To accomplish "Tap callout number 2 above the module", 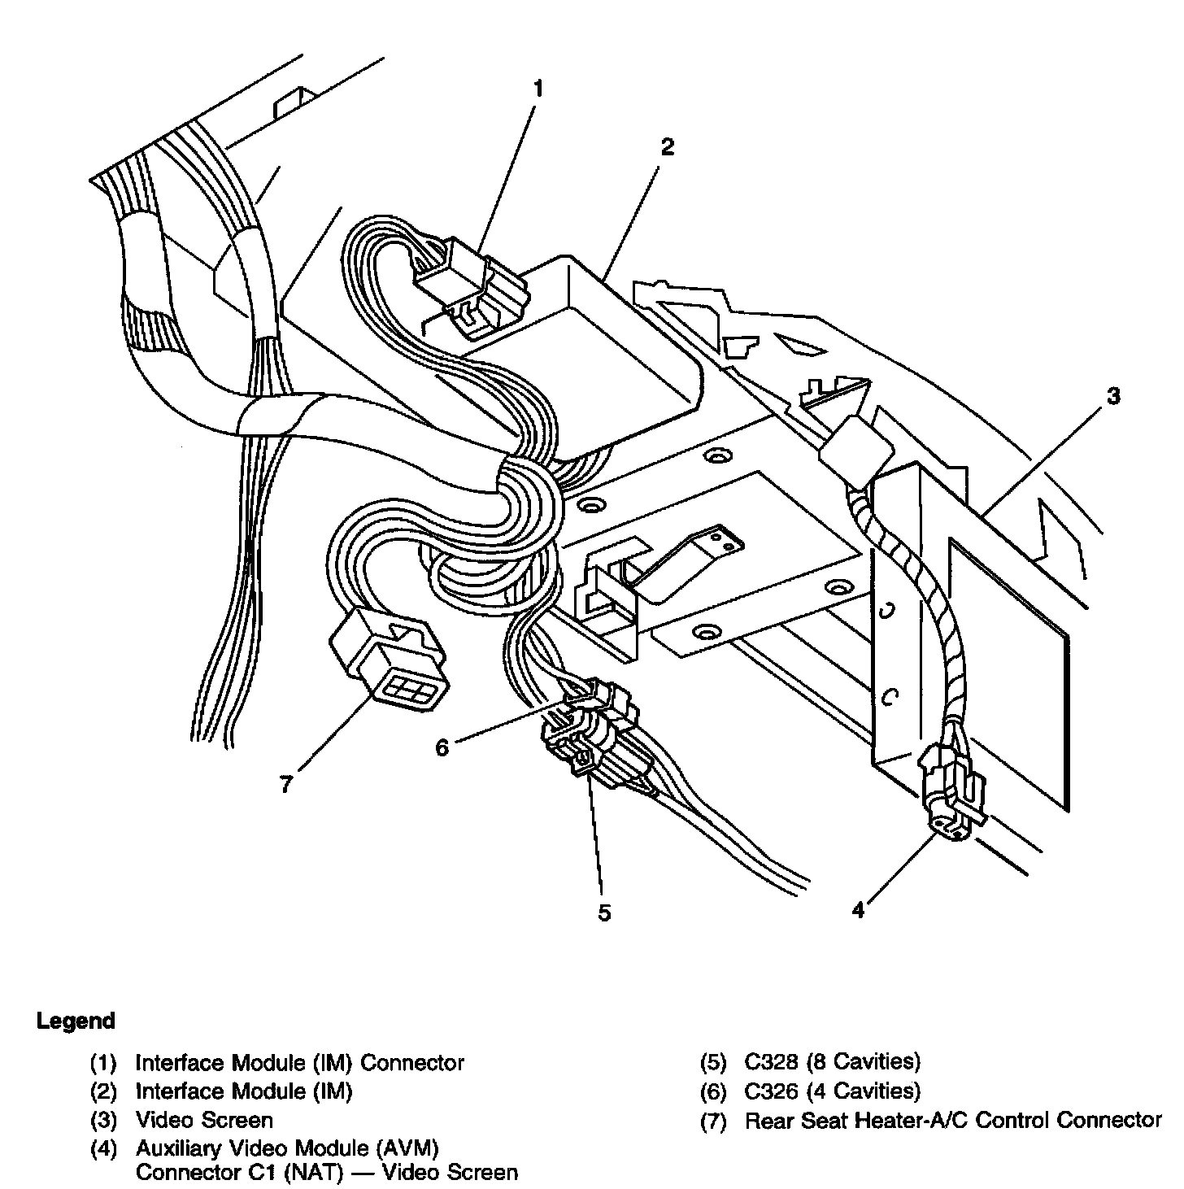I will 667,147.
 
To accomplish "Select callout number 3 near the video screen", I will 1112,396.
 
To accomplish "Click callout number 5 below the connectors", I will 603,912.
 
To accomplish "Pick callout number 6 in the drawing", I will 442,747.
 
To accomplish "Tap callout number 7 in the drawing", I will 285,786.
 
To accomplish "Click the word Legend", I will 76,1021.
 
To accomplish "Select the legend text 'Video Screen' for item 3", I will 204,1120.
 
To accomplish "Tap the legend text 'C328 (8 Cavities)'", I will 832,1061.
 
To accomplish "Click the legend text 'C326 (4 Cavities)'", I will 832,1091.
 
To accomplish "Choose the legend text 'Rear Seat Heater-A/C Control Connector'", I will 953,1120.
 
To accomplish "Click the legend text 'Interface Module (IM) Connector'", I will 299,1062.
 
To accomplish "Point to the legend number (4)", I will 103,1149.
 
